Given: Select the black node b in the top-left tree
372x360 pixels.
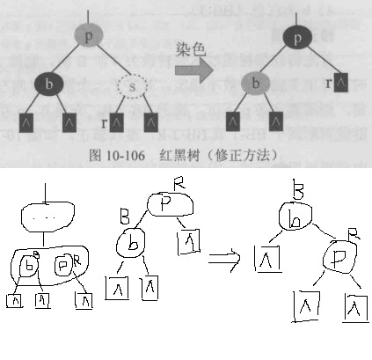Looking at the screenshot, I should (x=49, y=84).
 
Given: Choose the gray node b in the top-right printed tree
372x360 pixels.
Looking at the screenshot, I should (x=256, y=85).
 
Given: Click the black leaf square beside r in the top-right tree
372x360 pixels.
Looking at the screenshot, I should (x=343, y=84).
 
